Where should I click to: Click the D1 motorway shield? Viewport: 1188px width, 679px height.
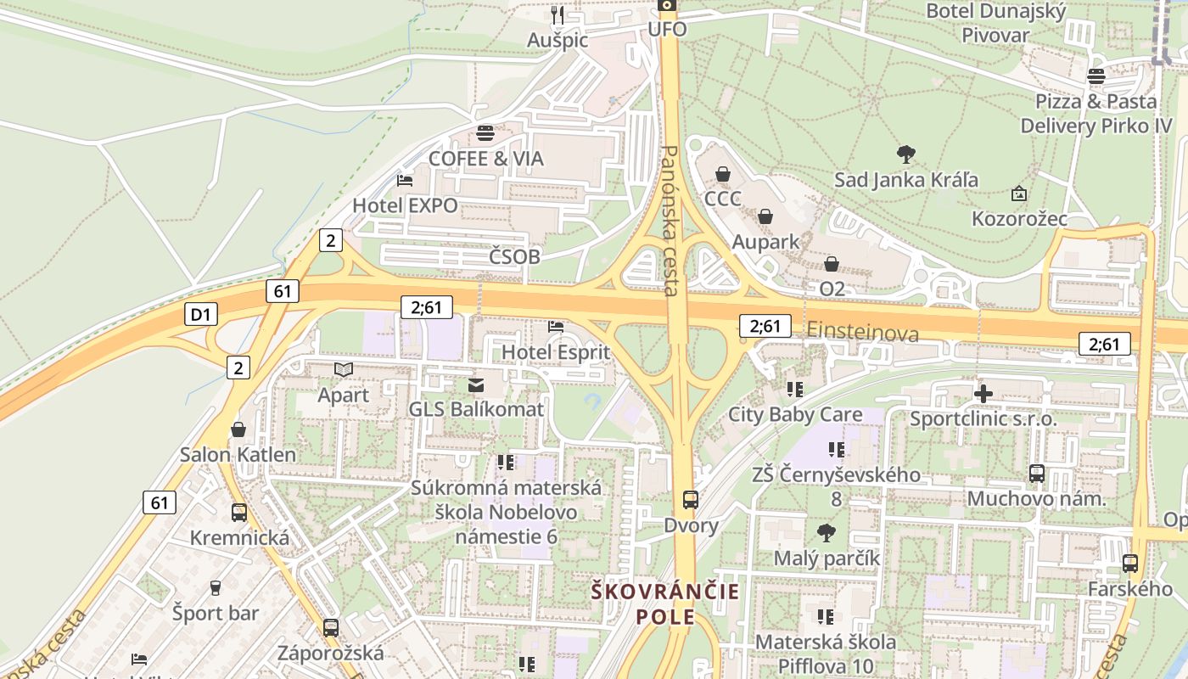pyautogui.click(x=199, y=315)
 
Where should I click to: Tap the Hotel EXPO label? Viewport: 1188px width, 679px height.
pyautogui.click(x=405, y=205)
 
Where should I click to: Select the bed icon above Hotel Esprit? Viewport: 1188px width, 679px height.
pyautogui.click(x=556, y=327)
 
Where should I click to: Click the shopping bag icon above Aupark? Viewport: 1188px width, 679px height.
pyautogui.click(x=765, y=217)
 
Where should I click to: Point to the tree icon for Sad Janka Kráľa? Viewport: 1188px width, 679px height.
pyautogui.click(x=905, y=154)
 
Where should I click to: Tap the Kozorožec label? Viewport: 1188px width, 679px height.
pyautogui.click(x=1019, y=218)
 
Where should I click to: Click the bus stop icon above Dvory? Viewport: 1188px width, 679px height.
pyautogui.click(x=691, y=500)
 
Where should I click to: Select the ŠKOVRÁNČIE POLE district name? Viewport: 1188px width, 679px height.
pyautogui.click(x=665, y=603)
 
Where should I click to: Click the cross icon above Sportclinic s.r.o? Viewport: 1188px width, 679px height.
pyautogui.click(x=983, y=394)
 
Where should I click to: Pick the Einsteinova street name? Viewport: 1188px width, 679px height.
pyautogui.click(x=862, y=332)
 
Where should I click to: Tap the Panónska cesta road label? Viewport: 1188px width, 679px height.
pyautogui.click(x=670, y=221)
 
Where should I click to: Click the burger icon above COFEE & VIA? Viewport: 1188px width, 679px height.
pyautogui.click(x=485, y=133)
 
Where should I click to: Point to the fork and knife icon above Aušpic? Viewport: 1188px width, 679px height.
pyautogui.click(x=558, y=15)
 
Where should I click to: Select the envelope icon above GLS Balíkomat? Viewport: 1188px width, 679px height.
pyautogui.click(x=476, y=385)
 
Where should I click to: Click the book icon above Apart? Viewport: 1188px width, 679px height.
pyautogui.click(x=344, y=370)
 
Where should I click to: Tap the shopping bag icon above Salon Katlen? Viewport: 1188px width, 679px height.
pyautogui.click(x=238, y=429)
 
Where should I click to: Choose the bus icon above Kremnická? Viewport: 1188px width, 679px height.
pyautogui.click(x=239, y=513)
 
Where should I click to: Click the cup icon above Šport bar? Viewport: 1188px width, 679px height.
pyautogui.click(x=216, y=587)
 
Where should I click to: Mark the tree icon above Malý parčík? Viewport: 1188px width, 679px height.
pyautogui.click(x=827, y=533)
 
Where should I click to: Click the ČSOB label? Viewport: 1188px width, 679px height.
pyautogui.click(x=514, y=255)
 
